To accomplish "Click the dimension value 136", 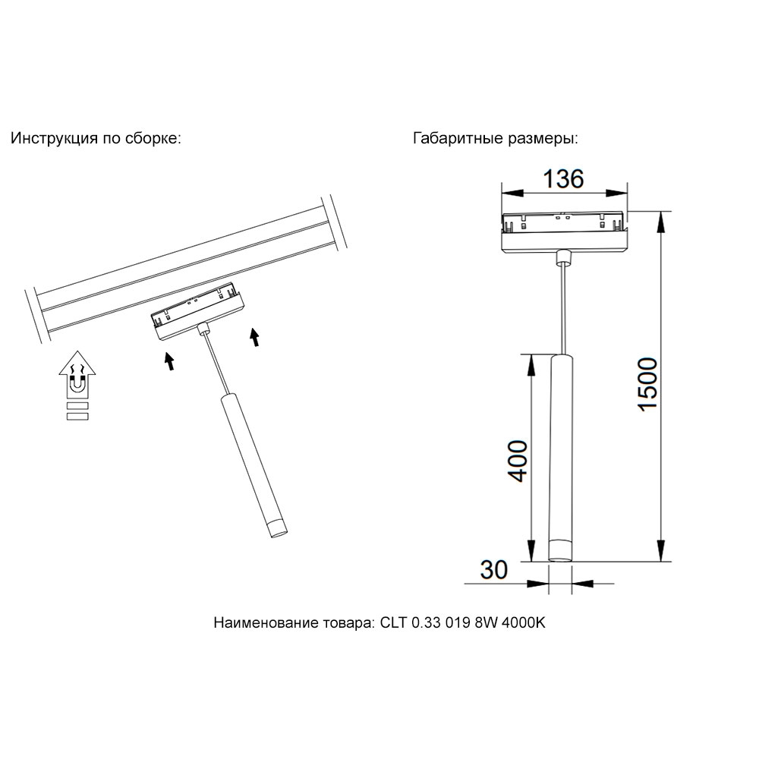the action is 563,178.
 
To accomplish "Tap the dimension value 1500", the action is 647,385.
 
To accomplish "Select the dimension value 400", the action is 517,461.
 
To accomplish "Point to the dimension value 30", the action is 494,570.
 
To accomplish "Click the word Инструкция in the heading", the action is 55,138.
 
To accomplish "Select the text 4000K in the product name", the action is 523,622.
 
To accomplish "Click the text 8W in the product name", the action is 486,622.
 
